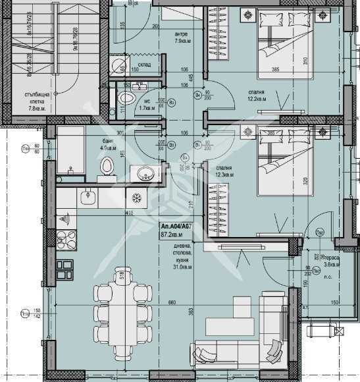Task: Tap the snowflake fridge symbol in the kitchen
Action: point(136,198)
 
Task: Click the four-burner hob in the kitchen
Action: point(66,239)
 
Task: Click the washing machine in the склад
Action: point(117,65)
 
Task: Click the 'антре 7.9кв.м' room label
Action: point(182,38)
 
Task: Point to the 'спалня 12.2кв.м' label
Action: point(256,95)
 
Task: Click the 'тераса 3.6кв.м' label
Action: point(330,261)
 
